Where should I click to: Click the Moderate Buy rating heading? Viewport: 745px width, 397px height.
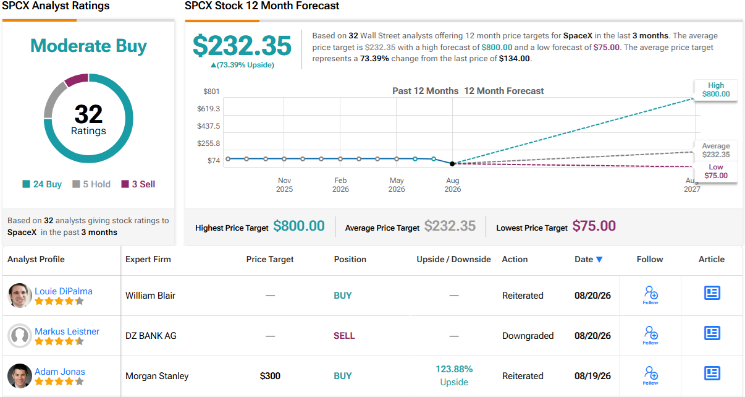(88, 46)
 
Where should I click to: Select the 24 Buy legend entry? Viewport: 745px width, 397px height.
(42, 184)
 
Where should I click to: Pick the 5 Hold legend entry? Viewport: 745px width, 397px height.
(91, 184)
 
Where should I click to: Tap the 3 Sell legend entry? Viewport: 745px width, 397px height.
(138, 184)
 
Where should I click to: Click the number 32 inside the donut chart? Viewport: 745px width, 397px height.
(88, 114)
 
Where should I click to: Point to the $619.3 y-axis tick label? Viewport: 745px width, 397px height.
(208, 109)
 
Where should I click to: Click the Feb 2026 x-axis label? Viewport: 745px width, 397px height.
(340, 184)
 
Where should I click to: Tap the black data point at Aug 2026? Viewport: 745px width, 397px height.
(452, 163)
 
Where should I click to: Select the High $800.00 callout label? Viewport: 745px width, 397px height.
(716, 90)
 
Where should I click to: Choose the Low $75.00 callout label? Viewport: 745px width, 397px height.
(716, 171)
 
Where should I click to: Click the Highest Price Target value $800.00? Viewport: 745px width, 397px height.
(299, 226)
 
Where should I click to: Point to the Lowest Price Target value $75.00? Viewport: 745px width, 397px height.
(594, 226)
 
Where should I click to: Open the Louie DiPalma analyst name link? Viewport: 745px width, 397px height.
(64, 291)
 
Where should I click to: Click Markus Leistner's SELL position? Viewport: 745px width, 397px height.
(344, 336)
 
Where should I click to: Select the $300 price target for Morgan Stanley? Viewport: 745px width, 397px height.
(270, 376)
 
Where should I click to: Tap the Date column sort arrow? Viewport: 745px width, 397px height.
(599, 260)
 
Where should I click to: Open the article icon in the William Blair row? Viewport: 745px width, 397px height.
(712, 293)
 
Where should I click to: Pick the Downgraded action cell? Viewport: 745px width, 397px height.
(528, 336)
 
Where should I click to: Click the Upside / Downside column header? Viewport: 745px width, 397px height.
(453, 260)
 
